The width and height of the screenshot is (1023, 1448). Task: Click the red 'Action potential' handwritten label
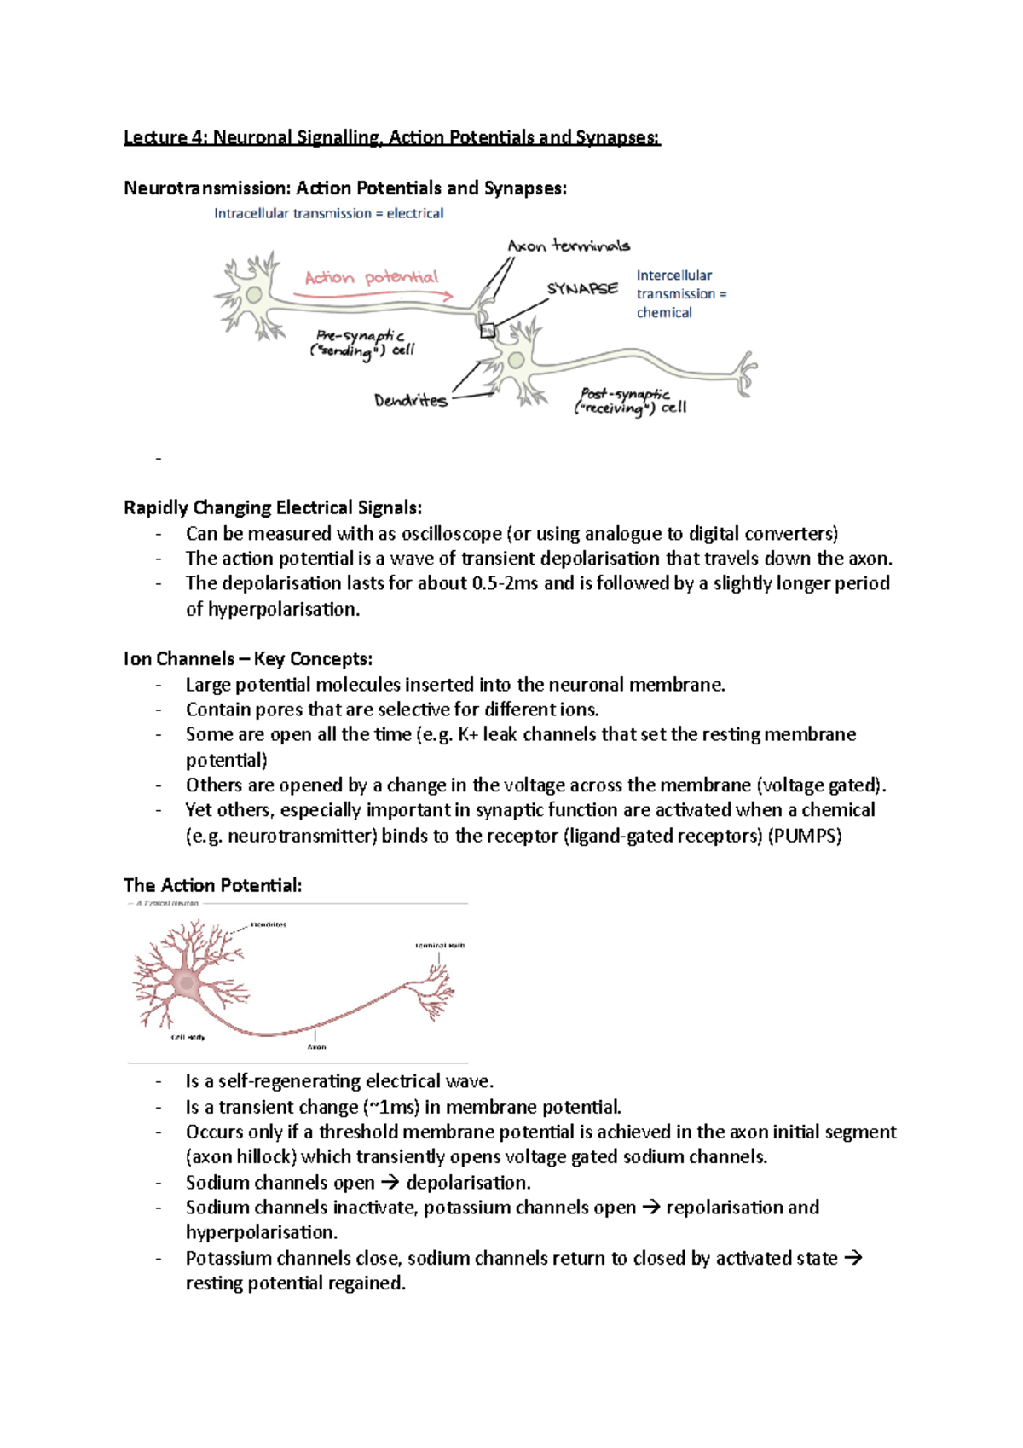(372, 278)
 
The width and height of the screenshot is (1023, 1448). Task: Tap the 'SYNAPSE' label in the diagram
(582, 289)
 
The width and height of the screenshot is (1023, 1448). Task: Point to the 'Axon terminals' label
(569, 246)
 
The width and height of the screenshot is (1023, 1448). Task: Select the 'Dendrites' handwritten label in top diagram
(411, 400)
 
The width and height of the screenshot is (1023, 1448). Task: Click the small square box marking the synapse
(488, 331)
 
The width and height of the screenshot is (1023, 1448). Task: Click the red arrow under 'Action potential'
(373, 295)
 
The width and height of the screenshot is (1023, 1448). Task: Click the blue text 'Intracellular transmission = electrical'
(328, 213)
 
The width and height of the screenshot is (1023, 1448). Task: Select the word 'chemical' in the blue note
(664, 313)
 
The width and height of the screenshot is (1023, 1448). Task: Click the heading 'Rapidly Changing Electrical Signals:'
(273, 508)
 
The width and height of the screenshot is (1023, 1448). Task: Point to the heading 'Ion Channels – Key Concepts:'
(248, 659)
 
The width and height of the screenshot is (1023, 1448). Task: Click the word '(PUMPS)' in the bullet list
(805, 836)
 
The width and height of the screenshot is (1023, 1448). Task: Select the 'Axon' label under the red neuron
(316, 1047)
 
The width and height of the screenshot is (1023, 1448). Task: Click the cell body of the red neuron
(186, 983)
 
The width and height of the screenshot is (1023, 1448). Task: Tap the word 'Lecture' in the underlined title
(154, 137)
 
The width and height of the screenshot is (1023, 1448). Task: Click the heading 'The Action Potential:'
(212, 885)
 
